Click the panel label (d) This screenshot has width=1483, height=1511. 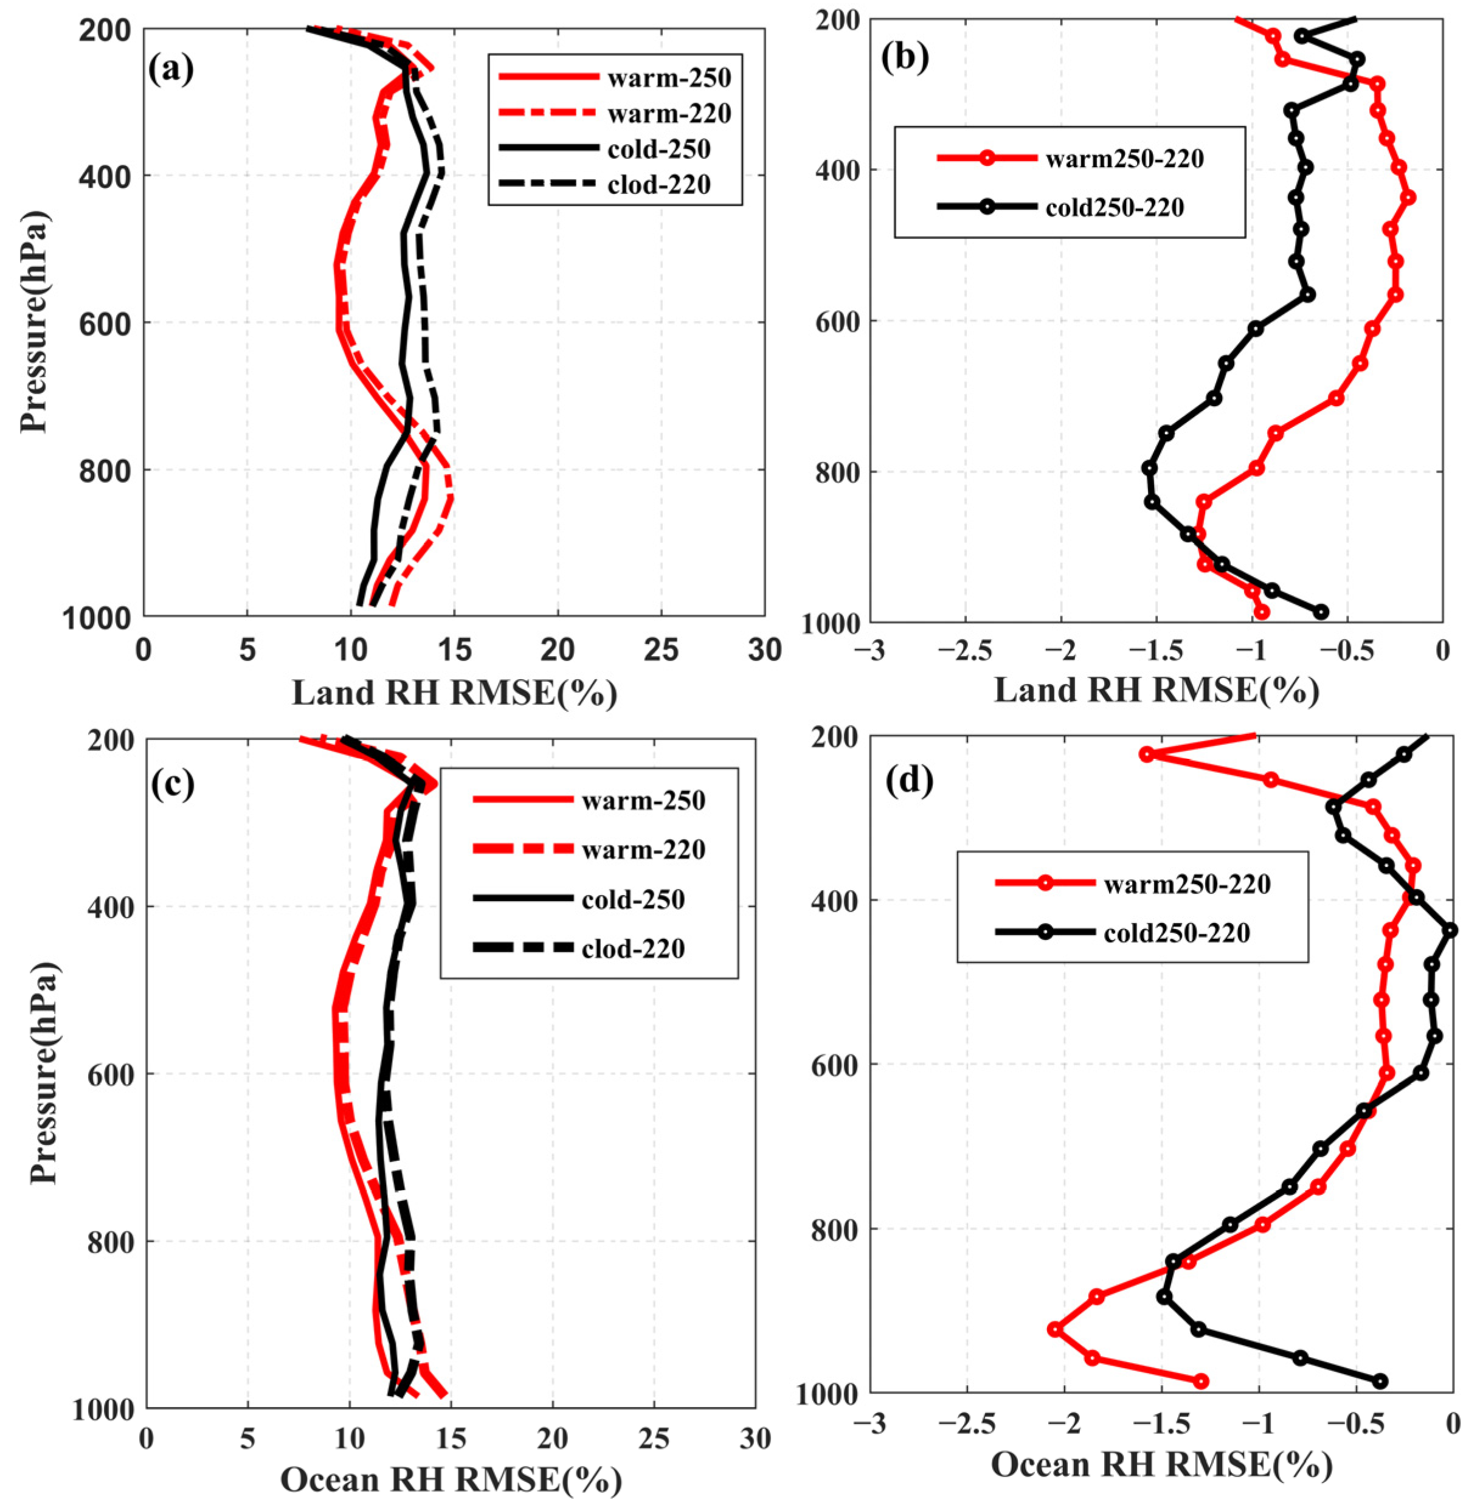[909, 781]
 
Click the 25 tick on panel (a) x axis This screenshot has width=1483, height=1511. [660, 648]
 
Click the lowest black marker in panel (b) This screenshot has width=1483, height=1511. [1321, 612]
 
